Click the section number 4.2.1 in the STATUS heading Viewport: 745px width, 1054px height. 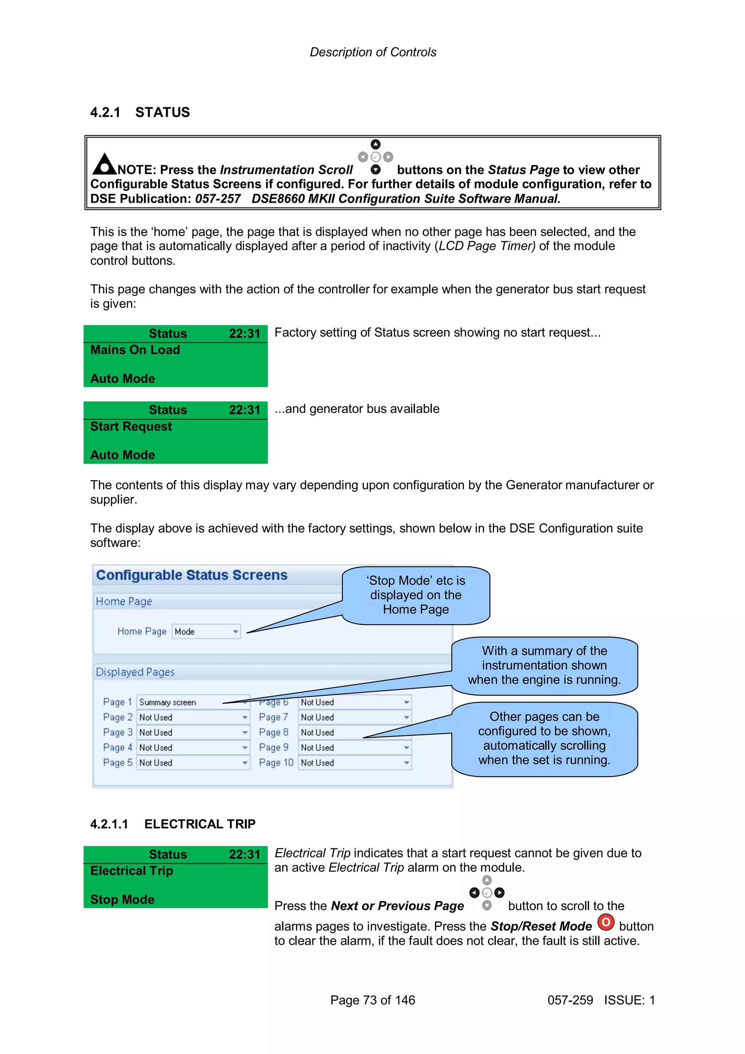pos(105,112)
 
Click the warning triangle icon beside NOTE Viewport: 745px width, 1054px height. pos(105,164)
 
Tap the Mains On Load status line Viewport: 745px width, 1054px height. pos(135,350)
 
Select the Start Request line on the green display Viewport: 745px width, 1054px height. pos(131,427)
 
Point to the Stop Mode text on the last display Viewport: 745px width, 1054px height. pos(122,899)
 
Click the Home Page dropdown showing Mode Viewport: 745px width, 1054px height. pos(206,632)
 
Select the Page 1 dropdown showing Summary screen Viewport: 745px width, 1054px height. pos(193,702)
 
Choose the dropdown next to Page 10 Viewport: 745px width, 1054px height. pos(354,763)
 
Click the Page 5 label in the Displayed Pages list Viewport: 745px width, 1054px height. pos(117,763)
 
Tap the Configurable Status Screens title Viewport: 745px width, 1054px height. pos(191,575)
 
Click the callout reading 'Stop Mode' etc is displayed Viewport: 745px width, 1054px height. pos(415,595)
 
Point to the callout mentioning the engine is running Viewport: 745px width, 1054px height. pos(545,665)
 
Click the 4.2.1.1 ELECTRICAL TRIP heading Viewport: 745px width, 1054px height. pos(172,824)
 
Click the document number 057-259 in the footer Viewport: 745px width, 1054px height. pos(570,1000)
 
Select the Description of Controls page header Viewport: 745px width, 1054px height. pos(373,52)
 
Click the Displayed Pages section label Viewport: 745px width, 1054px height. pos(135,672)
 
